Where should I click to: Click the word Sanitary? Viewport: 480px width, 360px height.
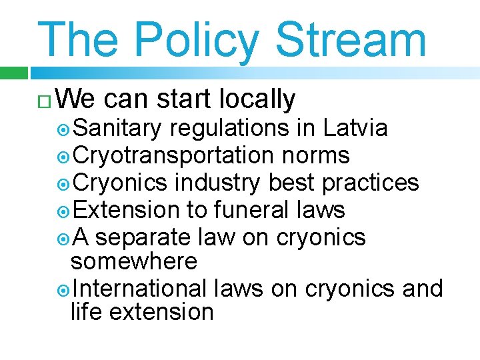tap(117, 127)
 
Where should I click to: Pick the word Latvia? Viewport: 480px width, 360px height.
tap(355, 127)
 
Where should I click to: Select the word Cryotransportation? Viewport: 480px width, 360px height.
tap(173, 155)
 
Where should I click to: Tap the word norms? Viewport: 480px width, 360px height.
tap(316, 155)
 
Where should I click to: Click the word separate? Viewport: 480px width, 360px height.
tap(146, 237)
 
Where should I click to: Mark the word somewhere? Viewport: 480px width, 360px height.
tap(134, 261)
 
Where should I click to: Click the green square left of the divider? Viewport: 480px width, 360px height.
tap(13, 73)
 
